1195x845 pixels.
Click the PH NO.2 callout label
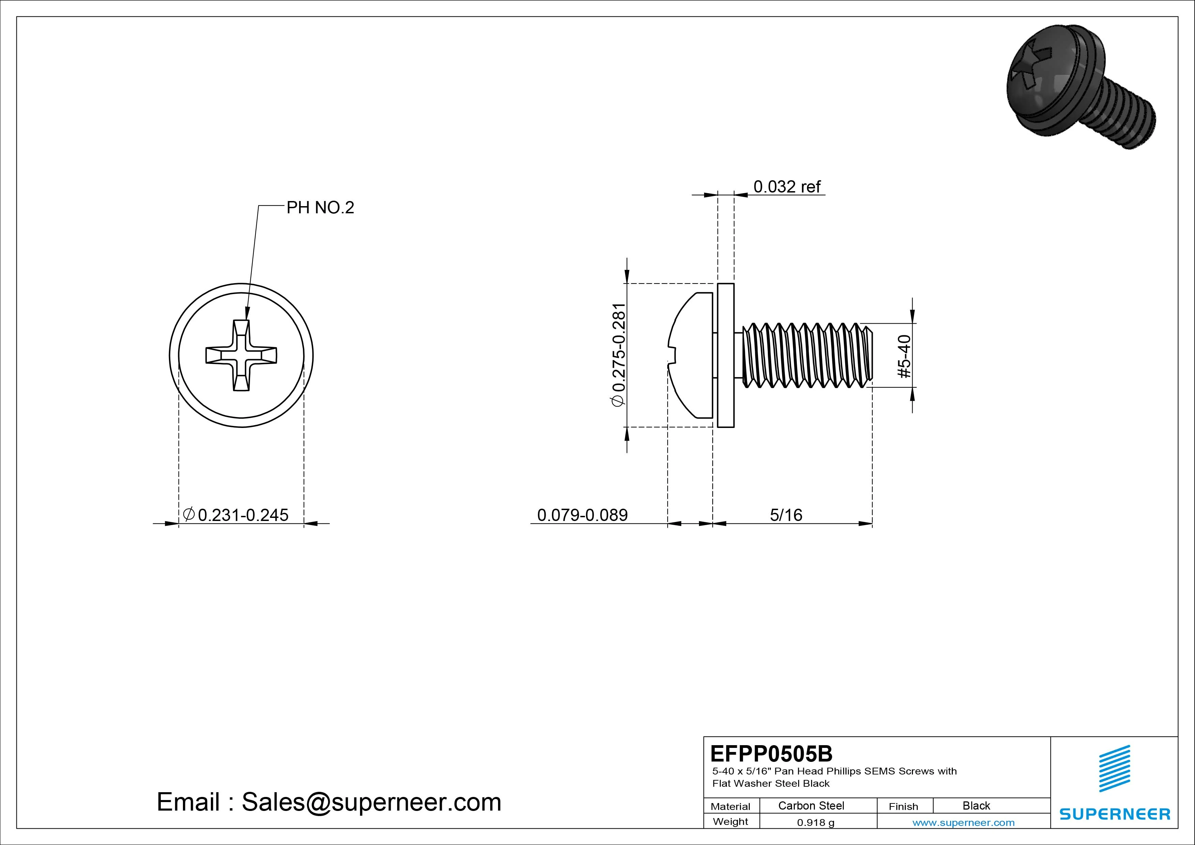(x=320, y=208)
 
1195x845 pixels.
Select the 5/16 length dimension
(x=786, y=515)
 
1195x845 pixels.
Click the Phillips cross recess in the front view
(x=241, y=356)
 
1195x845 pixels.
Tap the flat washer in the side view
(x=726, y=356)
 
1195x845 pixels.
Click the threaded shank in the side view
(x=804, y=356)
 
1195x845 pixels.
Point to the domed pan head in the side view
(x=689, y=356)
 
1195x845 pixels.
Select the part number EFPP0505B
(x=771, y=753)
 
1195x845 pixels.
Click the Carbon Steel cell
(x=811, y=805)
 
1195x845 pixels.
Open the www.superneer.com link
(x=963, y=823)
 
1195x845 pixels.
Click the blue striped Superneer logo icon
(x=1114, y=768)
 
